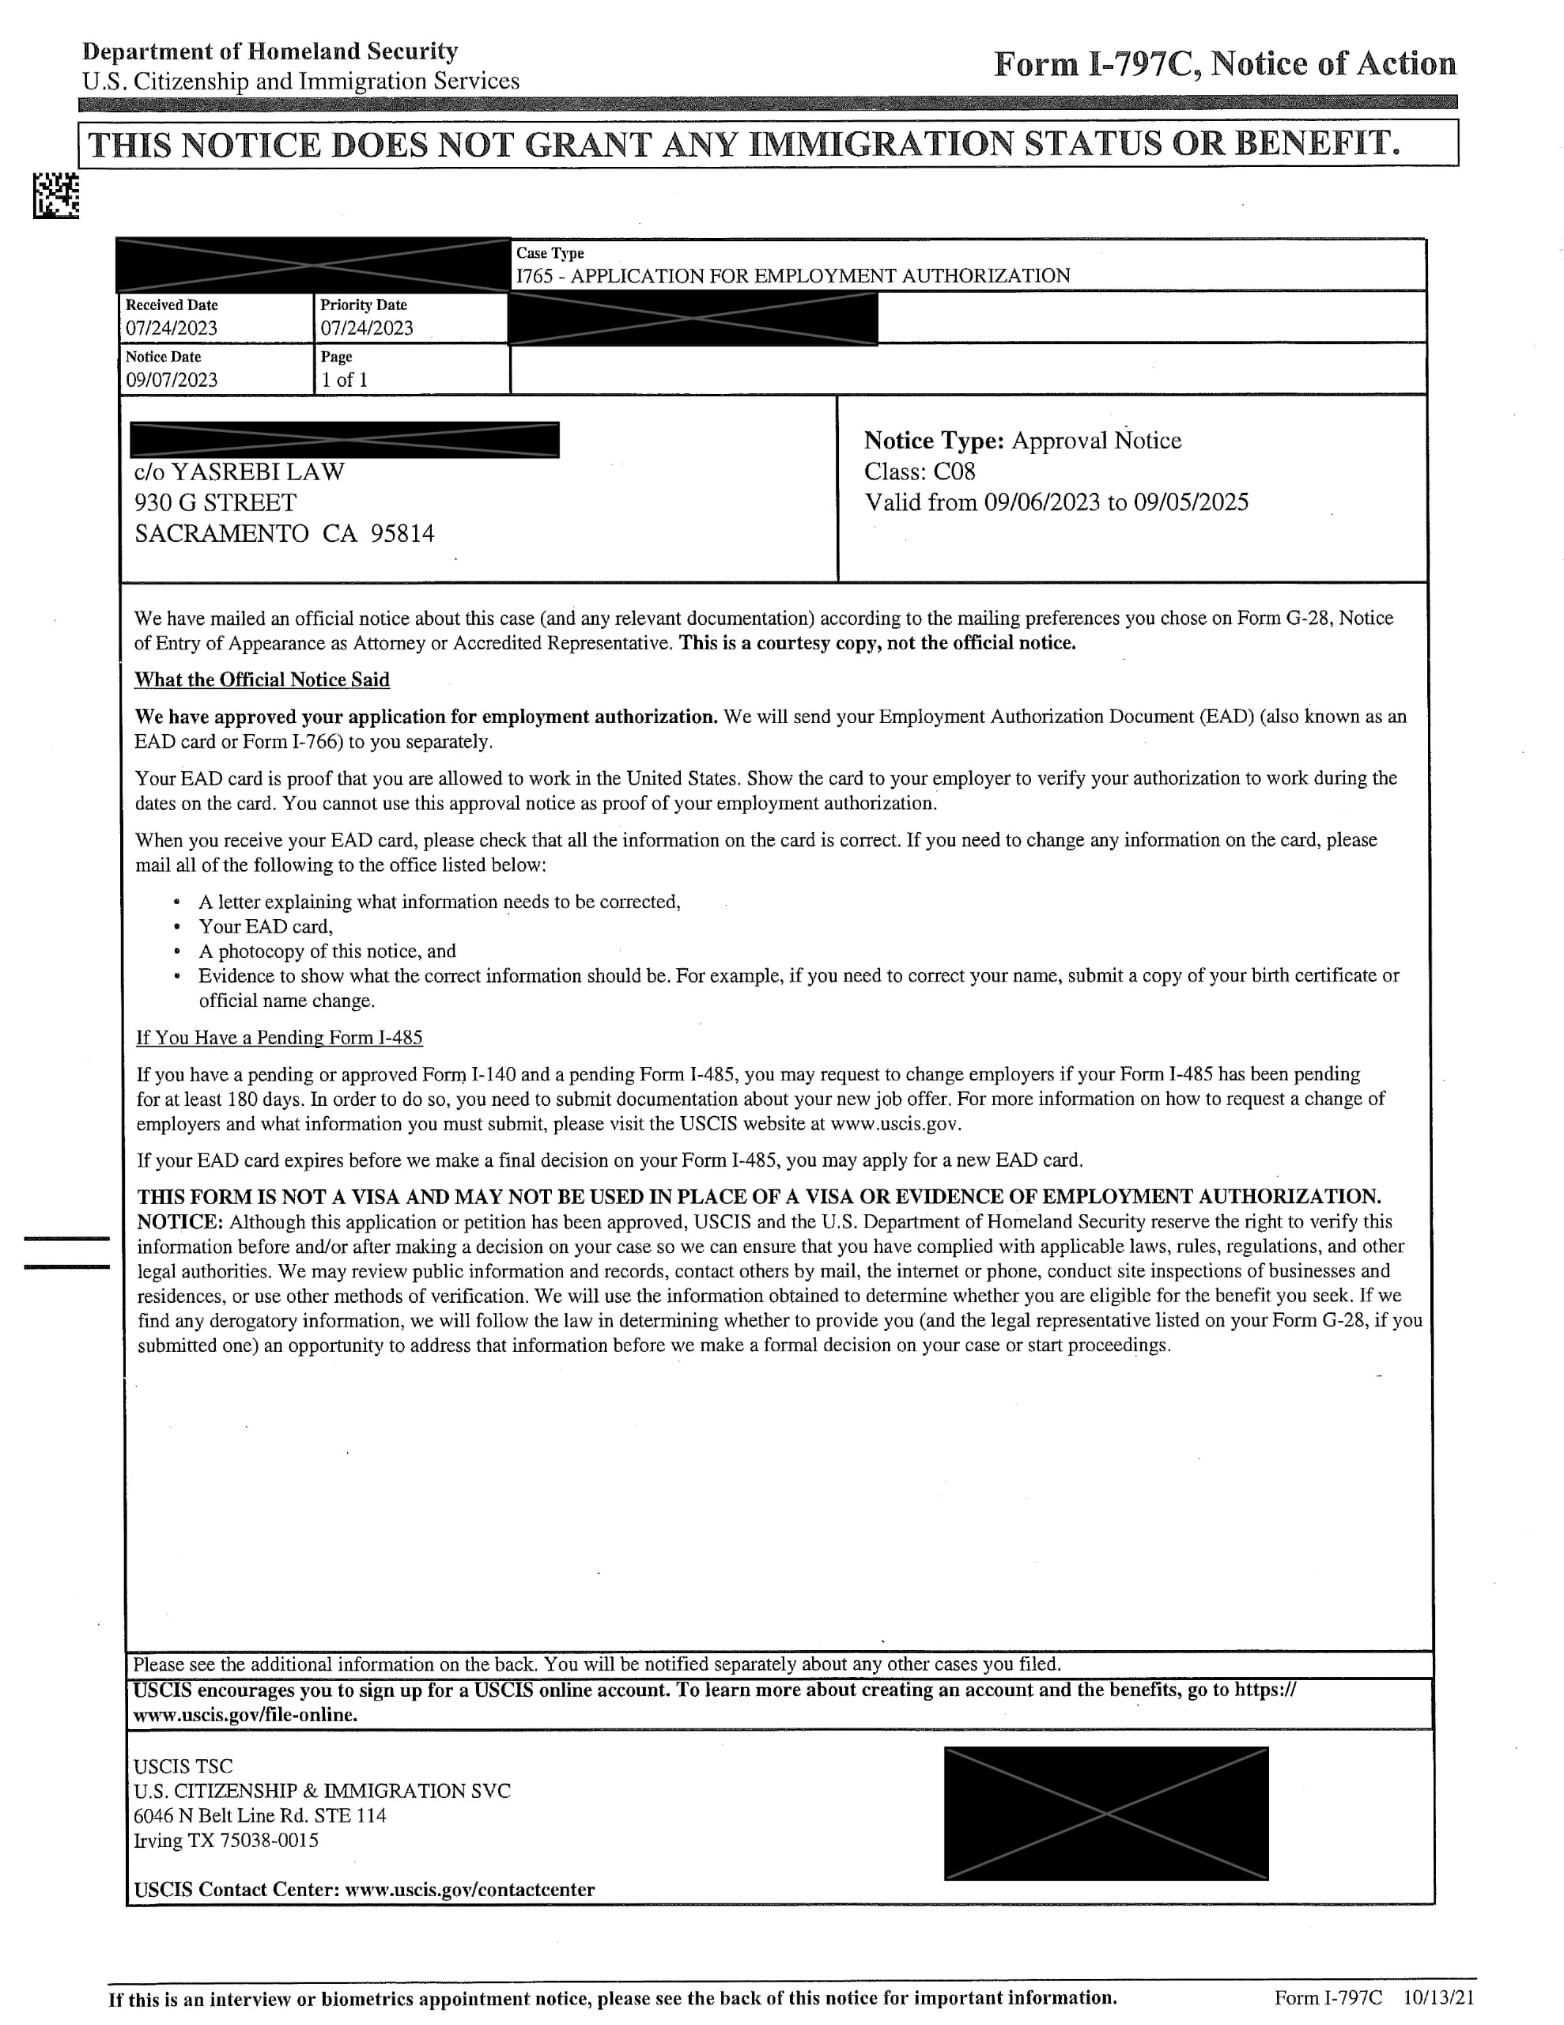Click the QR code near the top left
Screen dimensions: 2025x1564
[55, 196]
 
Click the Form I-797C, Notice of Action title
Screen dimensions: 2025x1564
[1224, 64]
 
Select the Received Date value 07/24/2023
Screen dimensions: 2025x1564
[172, 328]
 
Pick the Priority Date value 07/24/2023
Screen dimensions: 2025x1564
[366, 328]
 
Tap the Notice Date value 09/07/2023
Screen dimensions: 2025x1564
[172, 380]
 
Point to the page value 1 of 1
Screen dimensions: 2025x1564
[344, 380]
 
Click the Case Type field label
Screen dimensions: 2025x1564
[550, 253]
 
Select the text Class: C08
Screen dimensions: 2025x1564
[919, 472]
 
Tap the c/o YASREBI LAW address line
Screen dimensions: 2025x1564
[240, 472]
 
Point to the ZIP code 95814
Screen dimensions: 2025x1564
[402, 534]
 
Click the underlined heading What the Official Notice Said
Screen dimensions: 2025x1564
[262, 679]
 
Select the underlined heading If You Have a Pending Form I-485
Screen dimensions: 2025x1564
[279, 1038]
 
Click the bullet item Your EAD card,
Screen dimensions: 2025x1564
[265, 926]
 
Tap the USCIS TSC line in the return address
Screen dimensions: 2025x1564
[183, 1766]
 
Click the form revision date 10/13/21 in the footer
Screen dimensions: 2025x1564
[1438, 1997]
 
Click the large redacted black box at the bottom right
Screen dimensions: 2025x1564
[1105, 1814]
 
